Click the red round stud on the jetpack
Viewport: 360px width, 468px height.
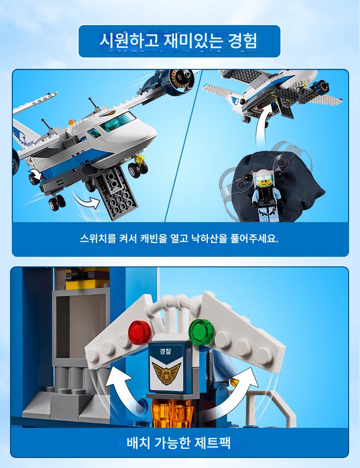139,332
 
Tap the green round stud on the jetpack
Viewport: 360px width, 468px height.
201,330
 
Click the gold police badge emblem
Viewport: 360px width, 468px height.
166,372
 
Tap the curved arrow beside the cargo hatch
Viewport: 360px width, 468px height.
87,201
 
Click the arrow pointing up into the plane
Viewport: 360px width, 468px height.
262,125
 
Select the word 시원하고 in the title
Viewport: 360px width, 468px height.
129,41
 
